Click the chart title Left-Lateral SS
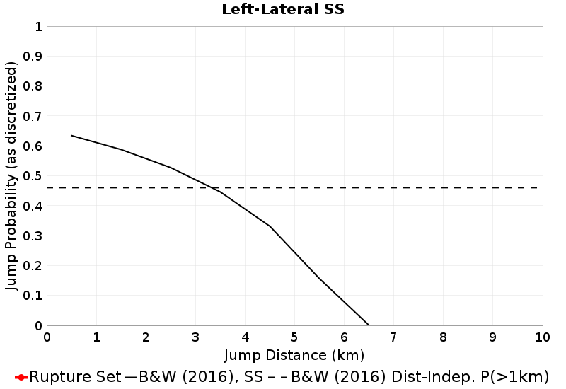pos(282,10)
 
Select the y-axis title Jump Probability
pos(12,176)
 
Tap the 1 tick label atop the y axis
pos(37,27)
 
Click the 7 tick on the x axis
pos(393,337)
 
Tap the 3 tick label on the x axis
pos(196,337)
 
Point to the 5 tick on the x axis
pos(294,337)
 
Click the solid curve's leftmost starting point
pos(71,135)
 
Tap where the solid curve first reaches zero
pos(369,325)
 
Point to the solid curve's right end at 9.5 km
pos(517,325)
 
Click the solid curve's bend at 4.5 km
pos(270,226)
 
